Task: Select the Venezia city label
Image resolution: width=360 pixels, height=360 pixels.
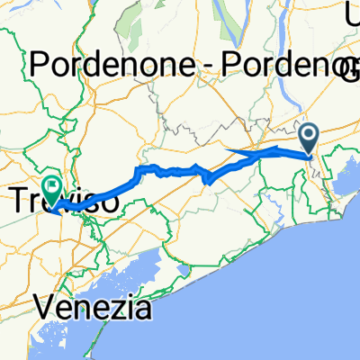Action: click(x=95, y=310)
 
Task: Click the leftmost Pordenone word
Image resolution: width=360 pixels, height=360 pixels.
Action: click(x=109, y=66)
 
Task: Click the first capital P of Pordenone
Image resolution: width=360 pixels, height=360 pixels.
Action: click(x=40, y=66)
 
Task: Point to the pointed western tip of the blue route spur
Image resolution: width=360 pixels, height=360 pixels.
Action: click(x=224, y=150)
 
